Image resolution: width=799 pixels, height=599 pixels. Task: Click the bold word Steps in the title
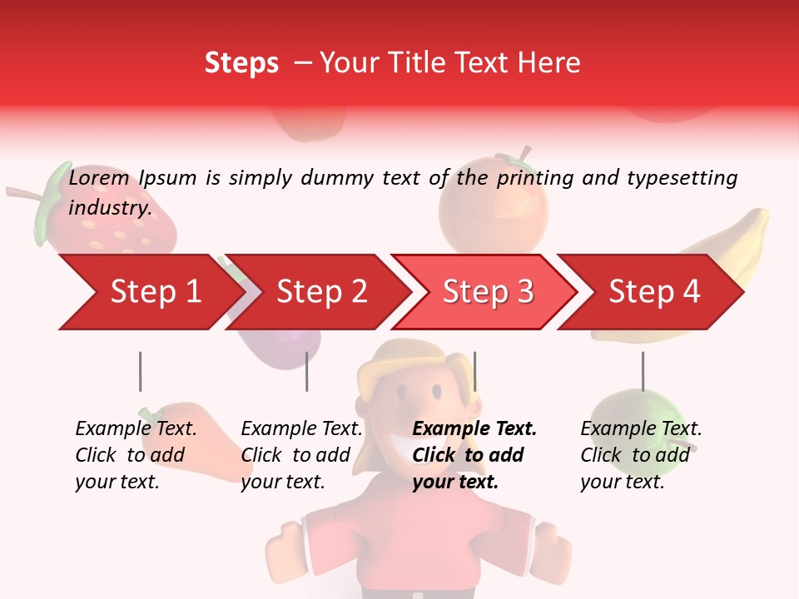pos(241,63)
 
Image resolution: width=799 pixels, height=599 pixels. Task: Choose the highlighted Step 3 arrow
pos(488,292)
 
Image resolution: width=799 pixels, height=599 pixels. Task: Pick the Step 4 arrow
pos(654,292)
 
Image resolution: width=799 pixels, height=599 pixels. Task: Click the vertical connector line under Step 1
pos(140,371)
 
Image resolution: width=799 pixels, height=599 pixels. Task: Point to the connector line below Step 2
pos(307,371)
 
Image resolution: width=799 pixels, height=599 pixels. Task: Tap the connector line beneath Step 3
pos(474,371)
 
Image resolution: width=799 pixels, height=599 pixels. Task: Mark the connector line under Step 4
pos(643,371)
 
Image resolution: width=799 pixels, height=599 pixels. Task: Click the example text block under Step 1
pos(136,455)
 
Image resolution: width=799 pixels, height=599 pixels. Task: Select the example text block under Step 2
pos(301,455)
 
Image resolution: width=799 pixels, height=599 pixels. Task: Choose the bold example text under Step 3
pos(474,455)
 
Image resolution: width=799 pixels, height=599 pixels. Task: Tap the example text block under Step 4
pos(641,455)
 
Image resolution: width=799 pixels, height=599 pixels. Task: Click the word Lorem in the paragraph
pos(99,178)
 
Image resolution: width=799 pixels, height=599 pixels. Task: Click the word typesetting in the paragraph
pos(682,178)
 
